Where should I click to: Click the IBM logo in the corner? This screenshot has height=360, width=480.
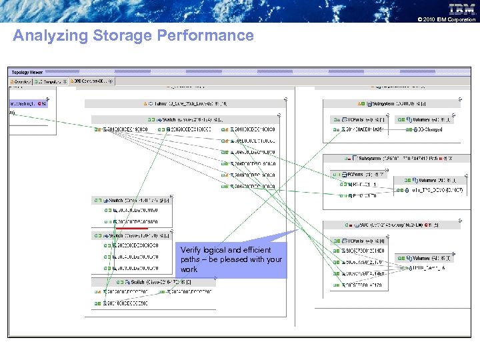(x=461, y=9)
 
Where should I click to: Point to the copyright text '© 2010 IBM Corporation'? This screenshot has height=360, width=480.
(x=446, y=20)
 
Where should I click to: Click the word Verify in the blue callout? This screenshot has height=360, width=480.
(x=191, y=250)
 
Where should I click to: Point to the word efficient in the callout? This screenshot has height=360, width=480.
(x=257, y=250)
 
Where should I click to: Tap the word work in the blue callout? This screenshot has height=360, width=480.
(x=189, y=269)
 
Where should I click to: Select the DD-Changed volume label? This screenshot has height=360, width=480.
(x=427, y=129)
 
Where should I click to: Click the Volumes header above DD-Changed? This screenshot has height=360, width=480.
(x=425, y=119)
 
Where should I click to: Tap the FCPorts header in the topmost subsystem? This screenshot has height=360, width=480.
(x=353, y=119)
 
